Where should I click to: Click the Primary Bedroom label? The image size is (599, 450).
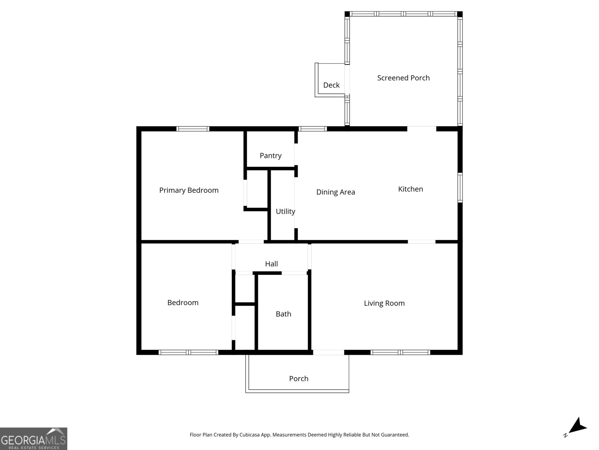tap(189, 190)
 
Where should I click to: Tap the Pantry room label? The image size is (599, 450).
tap(270, 155)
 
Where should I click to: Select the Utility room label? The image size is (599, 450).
tap(285, 211)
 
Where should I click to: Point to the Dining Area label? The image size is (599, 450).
tap(335, 192)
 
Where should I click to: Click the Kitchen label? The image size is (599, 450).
tap(410, 189)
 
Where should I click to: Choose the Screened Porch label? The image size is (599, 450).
tap(403, 78)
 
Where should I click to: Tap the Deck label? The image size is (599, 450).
tap(331, 85)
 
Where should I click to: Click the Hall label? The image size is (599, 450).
tap(271, 264)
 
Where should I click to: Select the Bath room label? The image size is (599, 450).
tap(283, 314)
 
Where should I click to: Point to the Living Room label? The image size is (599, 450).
tap(384, 303)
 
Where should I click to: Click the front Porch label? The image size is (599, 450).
tap(298, 379)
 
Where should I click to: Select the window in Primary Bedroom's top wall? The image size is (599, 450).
tap(193, 129)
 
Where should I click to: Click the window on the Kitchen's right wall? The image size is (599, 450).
tap(460, 187)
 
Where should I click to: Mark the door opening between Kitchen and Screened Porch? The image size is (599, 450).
tap(422, 129)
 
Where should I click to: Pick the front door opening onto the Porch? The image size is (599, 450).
tap(328, 352)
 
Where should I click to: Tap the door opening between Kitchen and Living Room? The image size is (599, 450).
tap(422, 242)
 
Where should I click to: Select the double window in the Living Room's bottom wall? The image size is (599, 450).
tap(400, 352)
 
